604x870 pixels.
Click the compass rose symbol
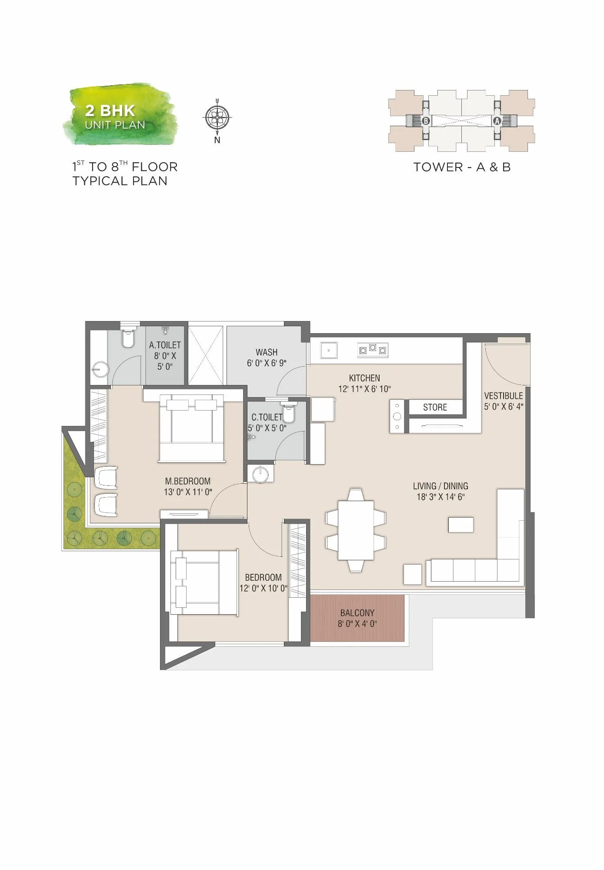[x=217, y=117]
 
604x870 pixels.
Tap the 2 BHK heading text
[x=110, y=110]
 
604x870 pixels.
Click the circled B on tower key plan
[x=426, y=121]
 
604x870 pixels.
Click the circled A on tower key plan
[x=497, y=121]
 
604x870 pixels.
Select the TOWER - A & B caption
[x=462, y=167]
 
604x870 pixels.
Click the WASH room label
[x=266, y=352]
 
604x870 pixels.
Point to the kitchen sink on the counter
[x=329, y=350]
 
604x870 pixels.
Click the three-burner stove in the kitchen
[x=372, y=350]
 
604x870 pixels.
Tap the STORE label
[x=435, y=407]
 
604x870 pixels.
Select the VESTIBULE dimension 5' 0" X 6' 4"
[x=504, y=407]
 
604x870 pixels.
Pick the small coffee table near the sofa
[x=461, y=525]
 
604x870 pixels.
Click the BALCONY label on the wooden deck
[x=357, y=612]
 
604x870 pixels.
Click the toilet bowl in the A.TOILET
[x=128, y=339]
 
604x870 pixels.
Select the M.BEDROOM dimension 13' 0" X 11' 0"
[x=188, y=492]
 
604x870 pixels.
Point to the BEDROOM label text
[x=263, y=577]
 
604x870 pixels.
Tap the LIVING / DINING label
[x=440, y=486]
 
